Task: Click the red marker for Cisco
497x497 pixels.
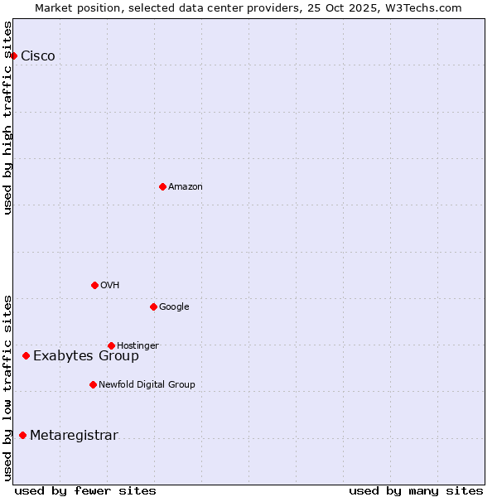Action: pos(14,55)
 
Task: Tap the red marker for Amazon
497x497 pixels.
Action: pos(162,186)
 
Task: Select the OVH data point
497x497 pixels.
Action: pos(94,285)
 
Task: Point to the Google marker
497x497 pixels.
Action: pos(153,306)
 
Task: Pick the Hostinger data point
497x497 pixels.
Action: pos(111,345)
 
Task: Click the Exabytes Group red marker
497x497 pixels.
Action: pos(26,355)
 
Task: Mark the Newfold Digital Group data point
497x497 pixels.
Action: pos(93,384)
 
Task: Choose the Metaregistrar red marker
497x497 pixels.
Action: pos(22,435)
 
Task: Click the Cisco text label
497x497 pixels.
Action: pos(38,56)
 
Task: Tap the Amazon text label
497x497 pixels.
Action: pos(186,187)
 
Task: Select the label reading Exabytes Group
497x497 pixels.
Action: pos(86,356)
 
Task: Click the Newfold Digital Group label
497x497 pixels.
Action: pos(147,384)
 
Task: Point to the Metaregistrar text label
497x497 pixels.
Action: pos(74,436)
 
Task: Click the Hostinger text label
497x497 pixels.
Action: pos(138,345)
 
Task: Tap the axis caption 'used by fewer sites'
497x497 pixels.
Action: pos(85,490)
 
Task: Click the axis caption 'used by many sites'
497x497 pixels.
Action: pos(416,490)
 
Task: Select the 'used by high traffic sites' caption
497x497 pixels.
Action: pos(7,118)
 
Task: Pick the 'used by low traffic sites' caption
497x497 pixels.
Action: pos(7,387)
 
